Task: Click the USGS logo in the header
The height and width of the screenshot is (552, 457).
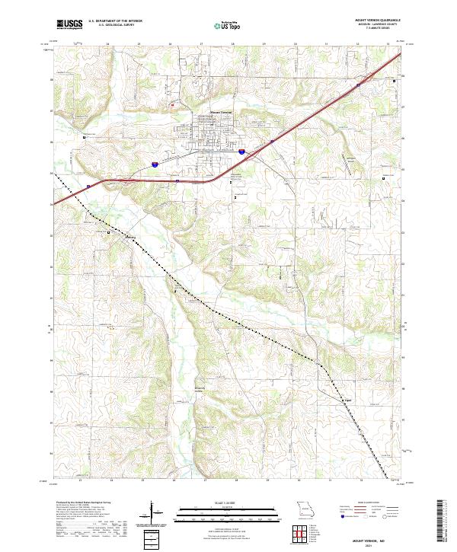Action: [x=70, y=24]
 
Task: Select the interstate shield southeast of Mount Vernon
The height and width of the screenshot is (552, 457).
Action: [x=241, y=152]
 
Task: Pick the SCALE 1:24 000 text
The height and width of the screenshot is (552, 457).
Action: [x=203, y=503]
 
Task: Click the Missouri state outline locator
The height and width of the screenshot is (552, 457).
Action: [x=304, y=509]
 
